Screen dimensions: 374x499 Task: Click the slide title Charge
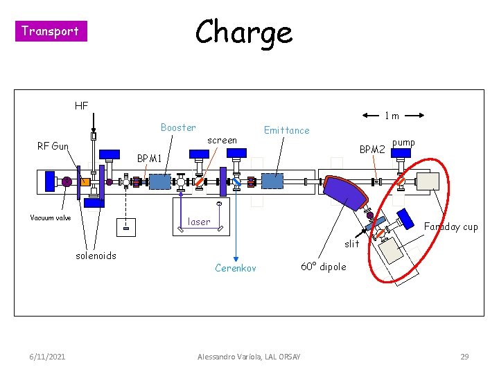tap(243, 32)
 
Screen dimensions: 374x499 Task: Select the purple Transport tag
tap(50, 30)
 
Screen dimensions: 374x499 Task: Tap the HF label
tap(81, 106)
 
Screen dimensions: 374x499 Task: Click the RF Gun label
tap(53, 146)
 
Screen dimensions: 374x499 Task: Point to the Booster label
tap(178, 127)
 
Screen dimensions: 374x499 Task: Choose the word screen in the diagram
tap(222, 140)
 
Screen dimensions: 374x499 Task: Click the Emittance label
tap(286, 130)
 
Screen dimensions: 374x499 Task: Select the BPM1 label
tap(149, 159)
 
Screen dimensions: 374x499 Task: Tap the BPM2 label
tap(372, 149)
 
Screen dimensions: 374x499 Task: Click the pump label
tap(403, 143)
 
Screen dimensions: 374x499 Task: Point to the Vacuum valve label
tap(50, 217)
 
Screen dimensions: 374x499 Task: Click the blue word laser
tap(199, 222)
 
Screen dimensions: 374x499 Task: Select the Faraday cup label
tap(450, 226)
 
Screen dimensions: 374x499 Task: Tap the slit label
tap(352, 243)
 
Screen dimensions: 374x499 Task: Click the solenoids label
tap(96, 256)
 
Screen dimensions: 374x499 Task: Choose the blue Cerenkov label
tap(236, 268)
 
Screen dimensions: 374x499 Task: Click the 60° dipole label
tap(324, 267)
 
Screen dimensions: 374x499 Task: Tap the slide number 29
tap(465, 357)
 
